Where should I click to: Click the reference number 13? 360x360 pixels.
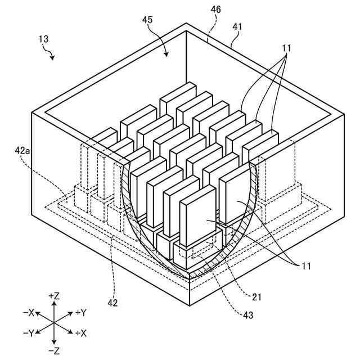(44, 40)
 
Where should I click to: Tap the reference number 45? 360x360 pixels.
(148, 21)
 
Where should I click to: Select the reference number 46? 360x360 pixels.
(216, 10)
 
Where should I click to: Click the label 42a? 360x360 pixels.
(24, 151)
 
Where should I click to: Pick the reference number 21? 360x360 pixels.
(256, 296)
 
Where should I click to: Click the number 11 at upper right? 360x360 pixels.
(287, 48)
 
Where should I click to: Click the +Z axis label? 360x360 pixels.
(55, 295)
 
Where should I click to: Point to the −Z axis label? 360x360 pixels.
(55, 351)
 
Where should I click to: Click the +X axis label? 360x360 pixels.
(80, 333)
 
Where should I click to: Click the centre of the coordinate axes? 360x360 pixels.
(54, 323)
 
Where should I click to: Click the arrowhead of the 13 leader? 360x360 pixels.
(54, 58)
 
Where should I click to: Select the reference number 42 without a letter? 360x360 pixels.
(112, 303)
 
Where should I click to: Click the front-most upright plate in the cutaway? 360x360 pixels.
(197, 216)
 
